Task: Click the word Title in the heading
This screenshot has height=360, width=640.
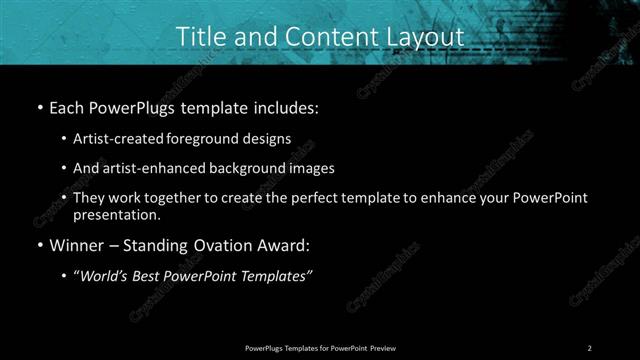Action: click(x=199, y=36)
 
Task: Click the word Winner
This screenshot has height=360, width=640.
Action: click(x=73, y=244)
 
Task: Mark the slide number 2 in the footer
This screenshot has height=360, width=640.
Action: click(x=589, y=347)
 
